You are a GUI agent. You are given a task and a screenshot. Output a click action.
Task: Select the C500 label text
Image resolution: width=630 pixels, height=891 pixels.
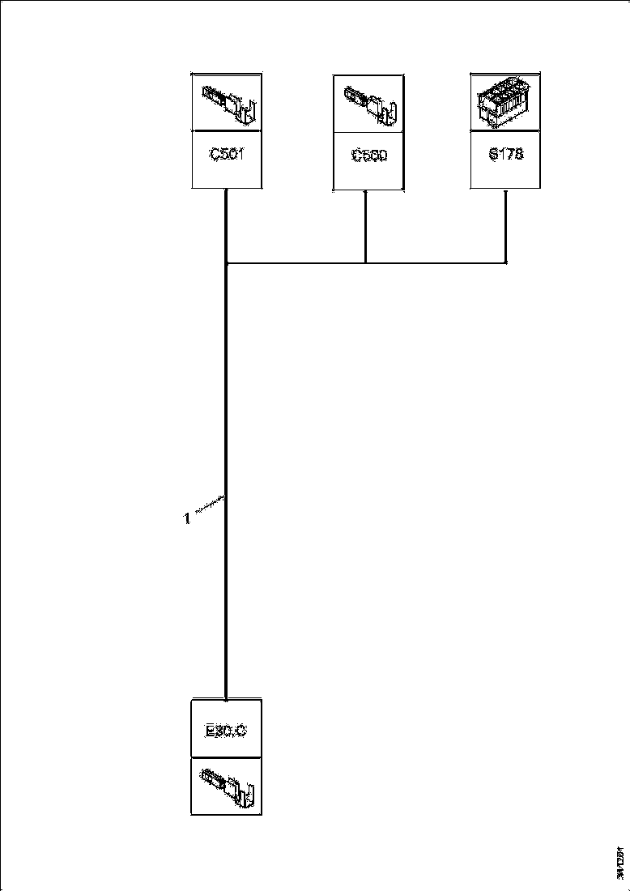(368, 156)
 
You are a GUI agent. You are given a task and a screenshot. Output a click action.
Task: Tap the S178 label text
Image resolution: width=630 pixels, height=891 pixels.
(505, 154)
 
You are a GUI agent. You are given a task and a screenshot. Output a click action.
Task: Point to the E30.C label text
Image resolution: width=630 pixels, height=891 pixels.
(226, 730)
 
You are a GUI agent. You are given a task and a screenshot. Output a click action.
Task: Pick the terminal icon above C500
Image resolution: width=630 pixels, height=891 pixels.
(368, 103)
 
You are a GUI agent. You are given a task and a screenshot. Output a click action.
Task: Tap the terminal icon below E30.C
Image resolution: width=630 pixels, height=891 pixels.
(227, 786)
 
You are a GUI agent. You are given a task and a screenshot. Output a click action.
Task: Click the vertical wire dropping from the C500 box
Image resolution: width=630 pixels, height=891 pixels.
(366, 227)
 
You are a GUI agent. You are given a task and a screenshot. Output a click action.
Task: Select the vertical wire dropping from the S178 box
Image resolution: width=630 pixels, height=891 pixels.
(506, 227)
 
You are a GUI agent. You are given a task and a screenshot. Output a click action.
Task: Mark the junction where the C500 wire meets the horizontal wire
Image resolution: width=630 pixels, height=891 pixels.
(366, 262)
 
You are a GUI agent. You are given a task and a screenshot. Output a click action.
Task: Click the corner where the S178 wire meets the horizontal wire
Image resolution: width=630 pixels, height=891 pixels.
(506, 262)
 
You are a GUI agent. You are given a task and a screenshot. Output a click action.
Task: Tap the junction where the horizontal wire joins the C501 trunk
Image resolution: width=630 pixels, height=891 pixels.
(226, 262)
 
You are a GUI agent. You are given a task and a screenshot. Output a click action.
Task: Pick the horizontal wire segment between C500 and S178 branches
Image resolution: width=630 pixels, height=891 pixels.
(437, 262)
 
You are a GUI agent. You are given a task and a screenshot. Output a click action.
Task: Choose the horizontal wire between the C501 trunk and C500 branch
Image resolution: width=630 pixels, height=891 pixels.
(296, 262)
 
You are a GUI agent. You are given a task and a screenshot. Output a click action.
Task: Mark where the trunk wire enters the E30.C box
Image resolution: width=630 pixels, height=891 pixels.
(226, 697)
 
